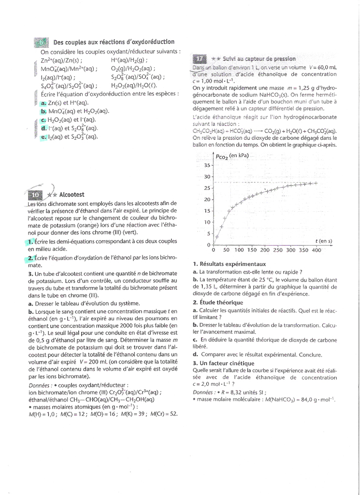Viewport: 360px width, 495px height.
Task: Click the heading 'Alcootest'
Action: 72,195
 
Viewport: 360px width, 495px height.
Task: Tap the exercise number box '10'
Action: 36,195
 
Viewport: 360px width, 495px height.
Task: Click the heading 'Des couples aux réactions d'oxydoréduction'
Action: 114,43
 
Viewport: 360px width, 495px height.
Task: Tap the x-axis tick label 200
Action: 265,250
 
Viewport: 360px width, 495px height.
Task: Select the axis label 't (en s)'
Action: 323,241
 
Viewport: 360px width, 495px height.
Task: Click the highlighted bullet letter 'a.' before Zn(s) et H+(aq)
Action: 44,103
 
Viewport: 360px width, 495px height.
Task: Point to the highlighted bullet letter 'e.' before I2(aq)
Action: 44,137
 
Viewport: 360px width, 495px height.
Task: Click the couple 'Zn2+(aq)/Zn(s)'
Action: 61,60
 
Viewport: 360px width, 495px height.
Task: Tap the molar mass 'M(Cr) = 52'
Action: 164,414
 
